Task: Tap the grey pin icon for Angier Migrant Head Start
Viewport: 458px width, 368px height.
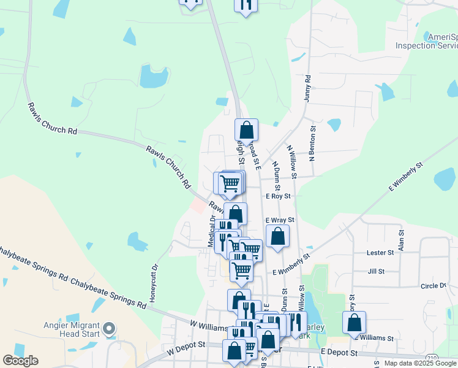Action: tap(110, 329)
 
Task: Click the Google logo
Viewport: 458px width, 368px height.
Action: tap(20, 361)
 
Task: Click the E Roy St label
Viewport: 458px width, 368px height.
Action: tap(278, 196)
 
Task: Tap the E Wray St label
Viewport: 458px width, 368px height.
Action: tap(280, 220)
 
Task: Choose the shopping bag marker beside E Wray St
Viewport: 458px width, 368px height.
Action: tap(277, 236)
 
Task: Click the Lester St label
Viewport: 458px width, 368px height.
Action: tap(380, 253)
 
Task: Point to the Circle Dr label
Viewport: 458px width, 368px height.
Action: tap(434, 286)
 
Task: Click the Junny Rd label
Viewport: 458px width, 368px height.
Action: tap(308, 88)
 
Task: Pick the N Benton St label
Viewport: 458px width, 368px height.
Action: tap(312, 144)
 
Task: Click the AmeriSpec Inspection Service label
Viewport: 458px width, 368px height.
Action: tap(427, 41)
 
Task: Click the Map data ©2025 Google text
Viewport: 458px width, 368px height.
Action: tap(420, 363)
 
